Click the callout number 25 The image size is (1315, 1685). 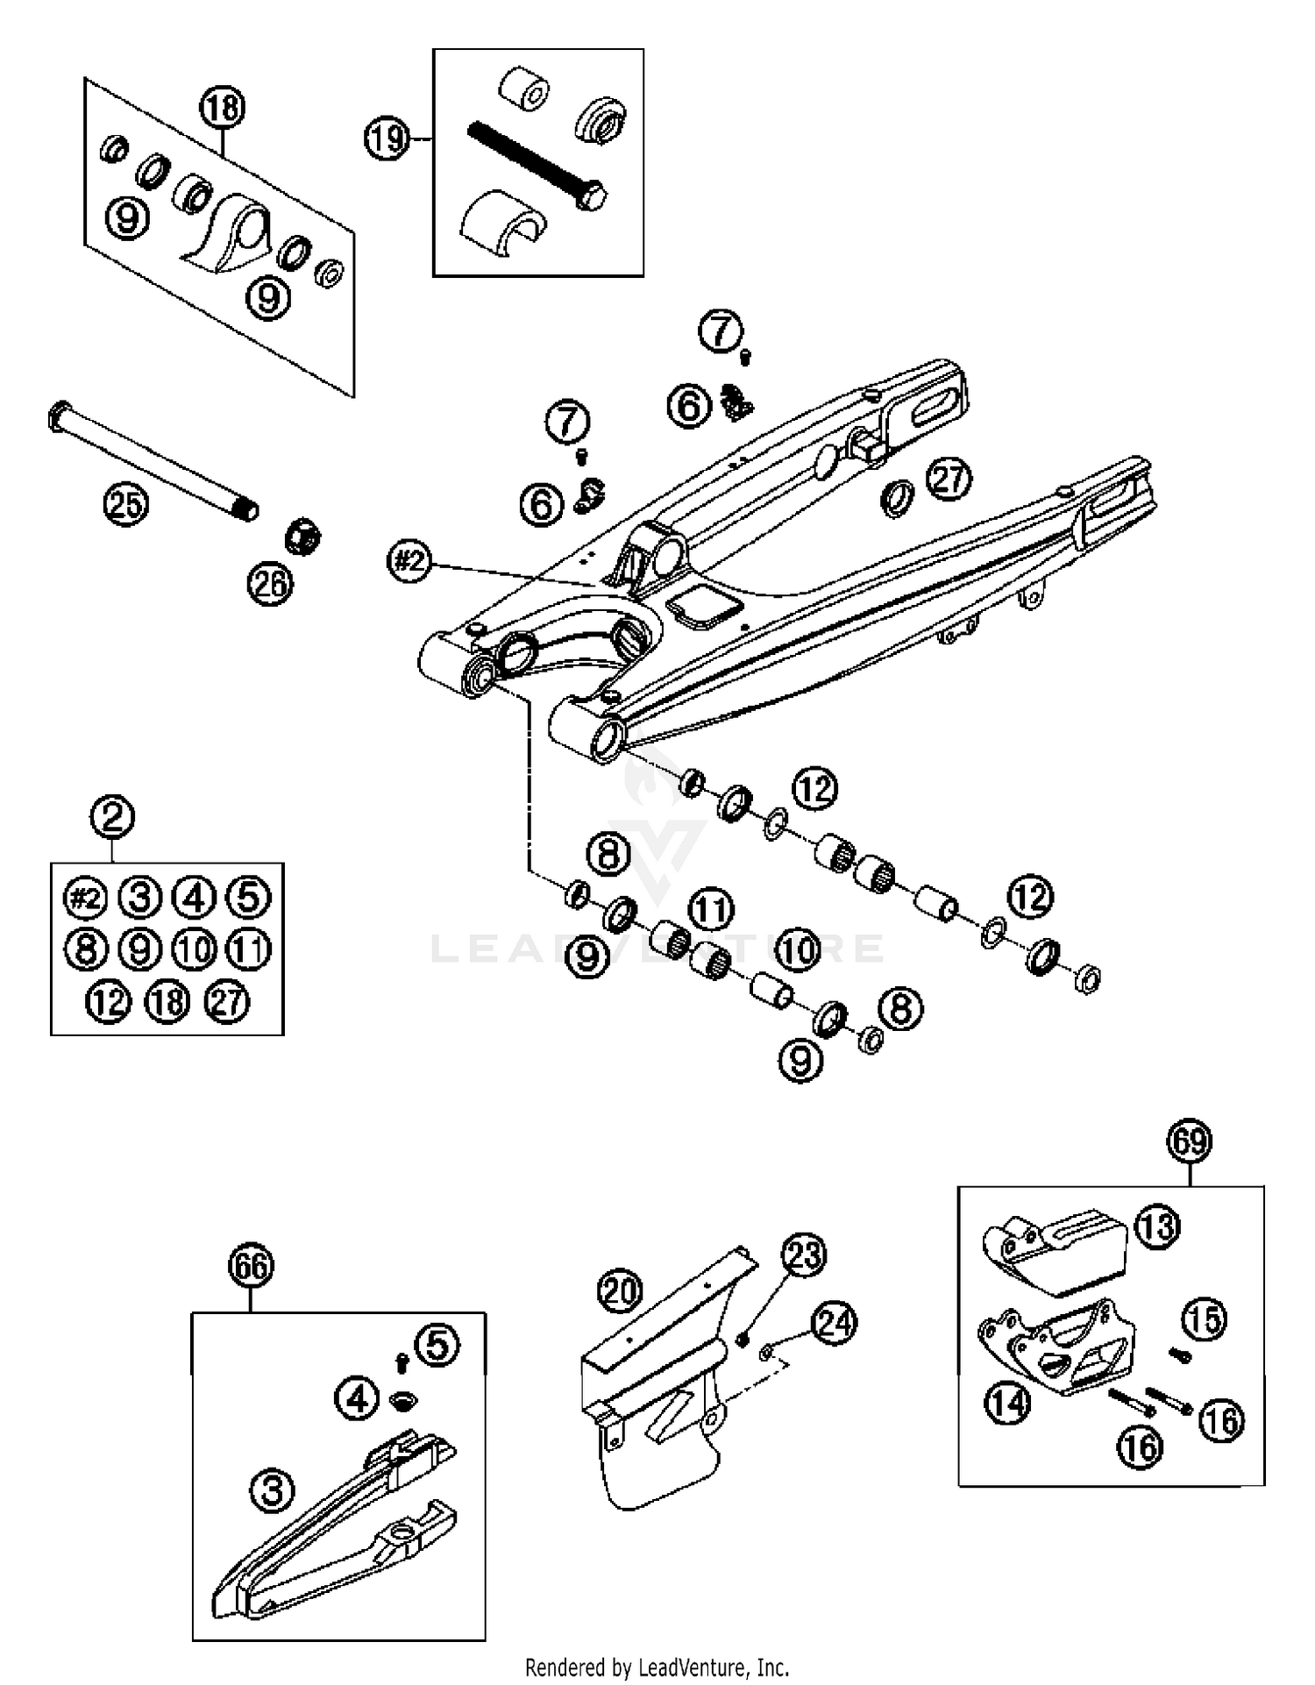pyautogui.click(x=126, y=504)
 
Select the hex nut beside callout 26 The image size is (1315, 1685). pyautogui.click(x=302, y=537)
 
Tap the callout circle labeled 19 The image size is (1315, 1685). pyautogui.click(x=387, y=139)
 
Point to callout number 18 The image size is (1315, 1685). pyautogui.click(x=222, y=108)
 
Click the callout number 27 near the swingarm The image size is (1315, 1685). pyautogui.click(x=949, y=480)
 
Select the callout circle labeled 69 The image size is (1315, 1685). pyautogui.click(x=1189, y=1141)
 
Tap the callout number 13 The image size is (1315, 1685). pyautogui.click(x=1157, y=1226)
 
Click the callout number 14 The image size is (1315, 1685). pyautogui.click(x=1007, y=1404)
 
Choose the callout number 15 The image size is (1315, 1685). pyautogui.click(x=1205, y=1319)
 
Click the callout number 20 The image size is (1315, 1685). pyautogui.click(x=621, y=1290)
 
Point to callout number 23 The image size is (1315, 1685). pyautogui.click(x=804, y=1255)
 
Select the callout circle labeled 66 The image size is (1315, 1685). pyautogui.click(x=251, y=1266)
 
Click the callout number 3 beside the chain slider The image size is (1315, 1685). pyautogui.click(x=272, y=1489)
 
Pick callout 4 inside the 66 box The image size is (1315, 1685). pyautogui.click(x=358, y=1399)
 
